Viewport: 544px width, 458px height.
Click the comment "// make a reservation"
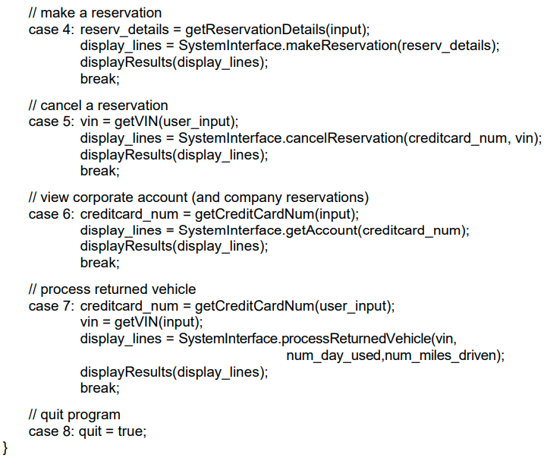pyautogui.click(x=94, y=13)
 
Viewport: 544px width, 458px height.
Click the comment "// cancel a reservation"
pyautogui.click(x=98, y=105)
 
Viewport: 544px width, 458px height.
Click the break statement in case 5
pyautogui.click(x=99, y=171)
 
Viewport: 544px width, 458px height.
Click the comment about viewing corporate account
pyautogui.click(x=198, y=197)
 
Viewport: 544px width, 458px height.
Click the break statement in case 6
pyautogui.click(x=99, y=263)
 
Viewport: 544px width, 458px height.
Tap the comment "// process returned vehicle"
pyautogui.click(x=112, y=289)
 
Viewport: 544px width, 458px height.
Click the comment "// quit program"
pyautogui.click(x=74, y=415)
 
